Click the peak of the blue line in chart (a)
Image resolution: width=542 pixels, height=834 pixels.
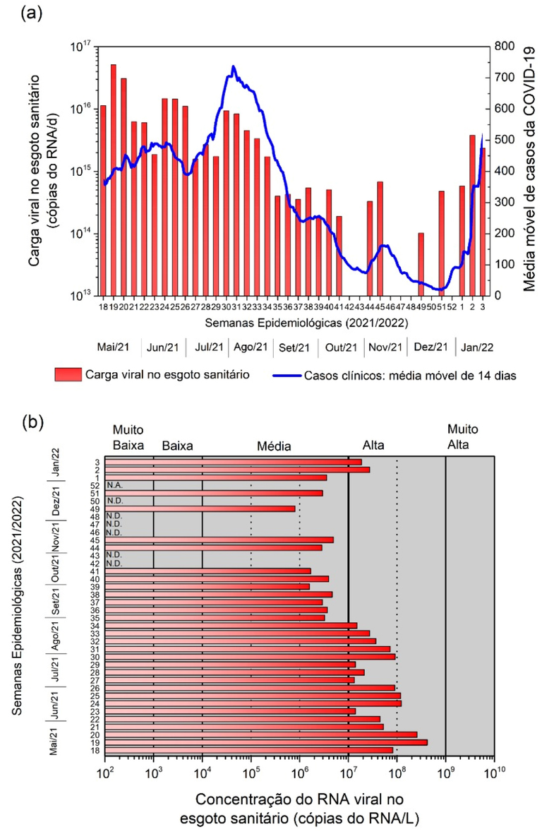233,67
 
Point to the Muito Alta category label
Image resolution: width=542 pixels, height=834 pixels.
463,437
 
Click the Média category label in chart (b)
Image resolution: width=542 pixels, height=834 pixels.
274,446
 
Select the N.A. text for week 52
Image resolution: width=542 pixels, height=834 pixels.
114,485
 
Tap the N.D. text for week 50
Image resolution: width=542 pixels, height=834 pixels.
114,501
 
